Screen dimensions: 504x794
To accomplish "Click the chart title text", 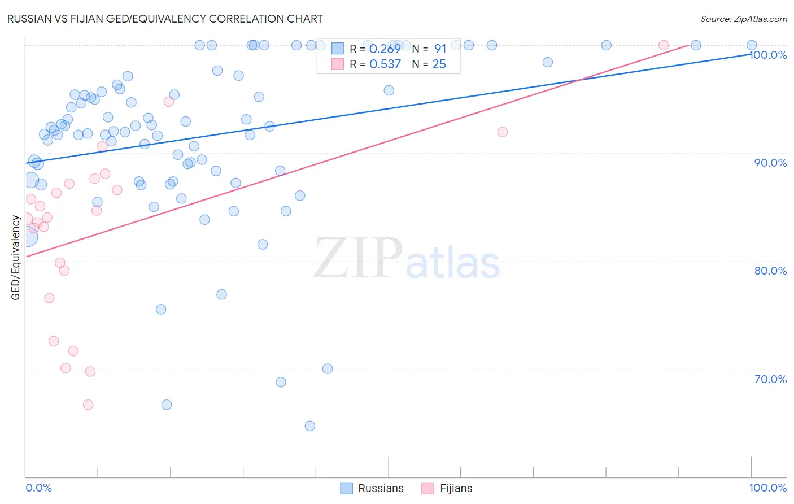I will (165, 19).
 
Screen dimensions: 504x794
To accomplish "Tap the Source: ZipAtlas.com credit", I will (743, 19).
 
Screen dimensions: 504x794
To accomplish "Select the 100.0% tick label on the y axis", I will (768, 55).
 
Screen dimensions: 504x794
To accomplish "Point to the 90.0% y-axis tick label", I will (770, 163).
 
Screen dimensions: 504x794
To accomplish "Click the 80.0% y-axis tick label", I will (770, 271).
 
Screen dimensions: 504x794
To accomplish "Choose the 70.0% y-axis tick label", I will (770, 379).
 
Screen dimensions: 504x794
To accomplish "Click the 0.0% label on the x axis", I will (38, 488).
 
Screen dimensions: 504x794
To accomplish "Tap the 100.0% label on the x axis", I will (768, 488).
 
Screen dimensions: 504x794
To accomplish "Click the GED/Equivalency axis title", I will (16, 258).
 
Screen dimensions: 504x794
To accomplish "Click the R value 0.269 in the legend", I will (385, 49).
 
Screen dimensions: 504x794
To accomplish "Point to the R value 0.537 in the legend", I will (385, 64).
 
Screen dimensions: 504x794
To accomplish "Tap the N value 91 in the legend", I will (440, 49).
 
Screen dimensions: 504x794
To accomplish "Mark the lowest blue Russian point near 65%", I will (309, 426).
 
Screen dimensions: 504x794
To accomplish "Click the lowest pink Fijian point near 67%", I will (88, 405).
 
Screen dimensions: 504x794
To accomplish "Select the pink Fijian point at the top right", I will (664, 45).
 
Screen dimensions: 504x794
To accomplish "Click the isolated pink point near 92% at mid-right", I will (503, 132).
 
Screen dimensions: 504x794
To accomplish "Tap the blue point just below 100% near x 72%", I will (547, 62).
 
